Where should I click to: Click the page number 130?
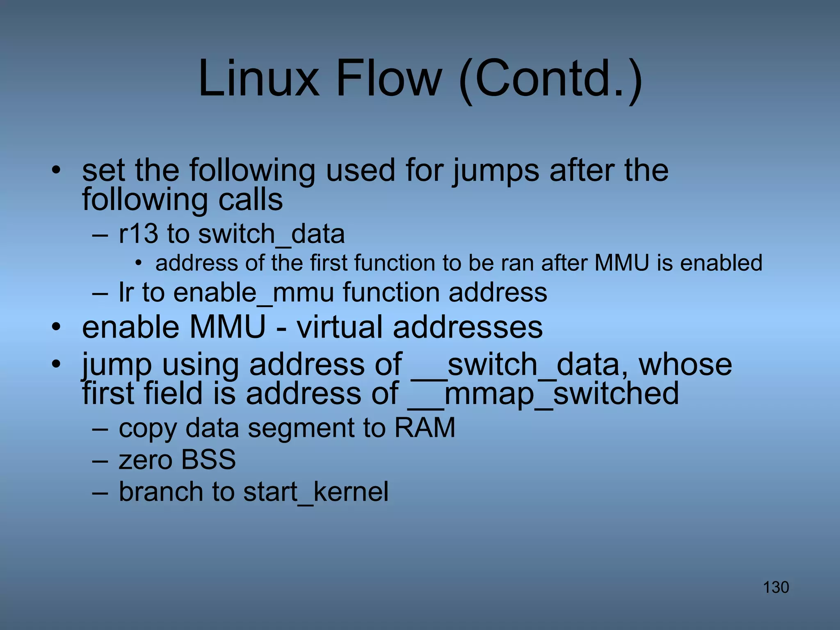click(x=776, y=587)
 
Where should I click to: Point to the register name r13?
click(x=138, y=234)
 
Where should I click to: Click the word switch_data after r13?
click(x=271, y=235)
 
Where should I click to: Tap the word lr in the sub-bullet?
click(x=126, y=292)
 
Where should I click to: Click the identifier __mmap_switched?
click(x=543, y=394)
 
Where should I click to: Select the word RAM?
click(x=425, y=428)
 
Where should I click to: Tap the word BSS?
click(x=208, y=459)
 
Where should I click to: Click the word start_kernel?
click(x=315, y=492)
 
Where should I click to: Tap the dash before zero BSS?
click(x=100, y=460)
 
